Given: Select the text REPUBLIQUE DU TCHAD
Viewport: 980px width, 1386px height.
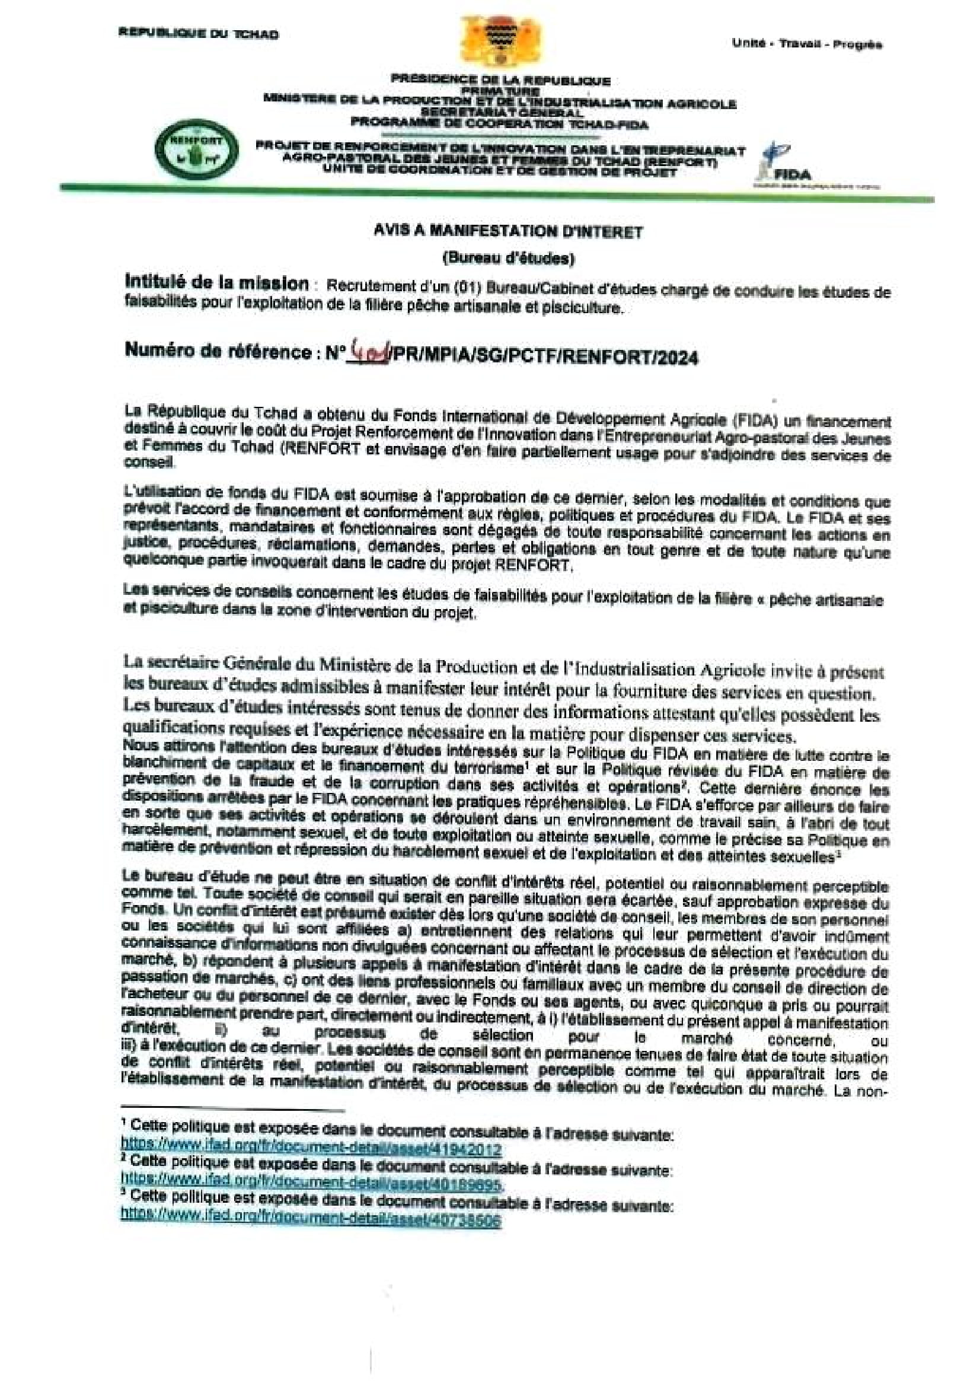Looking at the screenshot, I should click(199, 34).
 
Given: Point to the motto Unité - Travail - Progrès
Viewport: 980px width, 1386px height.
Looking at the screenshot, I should click(807, 44).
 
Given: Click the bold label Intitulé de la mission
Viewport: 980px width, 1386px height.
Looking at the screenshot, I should click(216, 282).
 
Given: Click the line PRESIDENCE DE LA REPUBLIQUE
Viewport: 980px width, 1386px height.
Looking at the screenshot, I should click(500, 80).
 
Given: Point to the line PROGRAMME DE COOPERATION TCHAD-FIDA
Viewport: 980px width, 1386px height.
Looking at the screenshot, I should click(499, 125).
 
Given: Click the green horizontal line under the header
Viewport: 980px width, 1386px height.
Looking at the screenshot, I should click(495, 193).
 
